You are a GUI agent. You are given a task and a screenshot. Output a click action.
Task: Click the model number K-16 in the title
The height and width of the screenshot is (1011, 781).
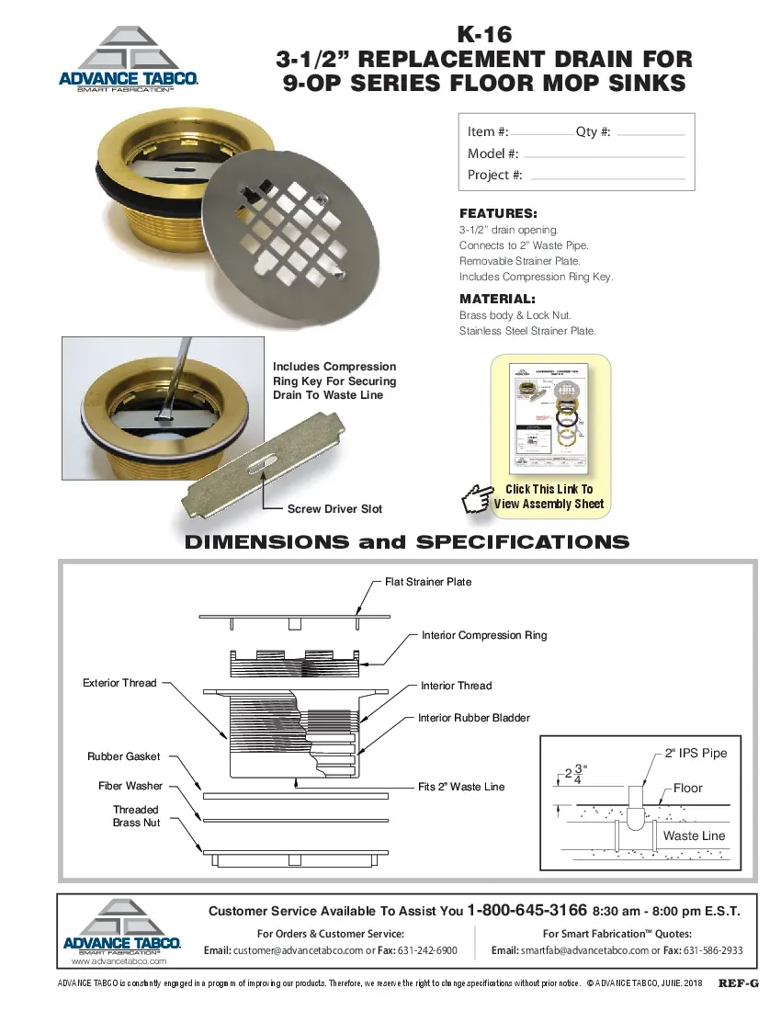click(x=484, y=34)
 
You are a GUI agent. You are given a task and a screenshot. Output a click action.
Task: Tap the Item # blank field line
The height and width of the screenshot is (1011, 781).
click(x=541, y=135)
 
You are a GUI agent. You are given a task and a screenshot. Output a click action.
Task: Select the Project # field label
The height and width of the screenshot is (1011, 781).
click(x=494, y=175)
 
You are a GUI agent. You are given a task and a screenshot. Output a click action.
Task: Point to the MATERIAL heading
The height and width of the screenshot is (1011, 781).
click(x=497, y=299)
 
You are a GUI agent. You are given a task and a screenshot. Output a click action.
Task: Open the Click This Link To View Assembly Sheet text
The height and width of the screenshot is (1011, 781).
click(x=549, y=496)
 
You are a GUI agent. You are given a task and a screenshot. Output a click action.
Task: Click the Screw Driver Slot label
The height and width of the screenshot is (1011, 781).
click(x=334, y=508)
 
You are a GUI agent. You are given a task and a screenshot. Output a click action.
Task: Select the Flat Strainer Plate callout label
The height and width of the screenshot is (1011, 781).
click(x=427, y=582)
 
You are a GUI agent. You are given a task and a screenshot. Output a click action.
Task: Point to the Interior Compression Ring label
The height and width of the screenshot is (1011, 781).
click(x=484, y=635)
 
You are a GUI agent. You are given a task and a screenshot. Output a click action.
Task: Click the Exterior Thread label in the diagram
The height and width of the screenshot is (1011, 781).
click(x=119, y=683)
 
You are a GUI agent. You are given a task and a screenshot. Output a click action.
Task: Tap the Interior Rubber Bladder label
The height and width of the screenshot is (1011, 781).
click(x=474, y=718)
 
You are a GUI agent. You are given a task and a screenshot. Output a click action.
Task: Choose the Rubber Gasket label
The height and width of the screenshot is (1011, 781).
click(x=123, y=756)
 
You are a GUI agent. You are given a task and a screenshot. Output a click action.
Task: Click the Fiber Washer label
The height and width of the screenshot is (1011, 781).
click(x=130, y=786)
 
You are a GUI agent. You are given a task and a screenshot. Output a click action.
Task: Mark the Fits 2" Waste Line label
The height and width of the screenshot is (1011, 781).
click(x=460, y=787)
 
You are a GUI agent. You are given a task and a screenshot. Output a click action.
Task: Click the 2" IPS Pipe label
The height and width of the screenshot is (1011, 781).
click(x=696, y=753)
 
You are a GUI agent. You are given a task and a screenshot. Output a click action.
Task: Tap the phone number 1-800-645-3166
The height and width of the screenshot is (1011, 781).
click(x=526, y=911)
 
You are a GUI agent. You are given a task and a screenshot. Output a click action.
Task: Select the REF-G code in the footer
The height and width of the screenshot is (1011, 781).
click(x=738, y=983)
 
